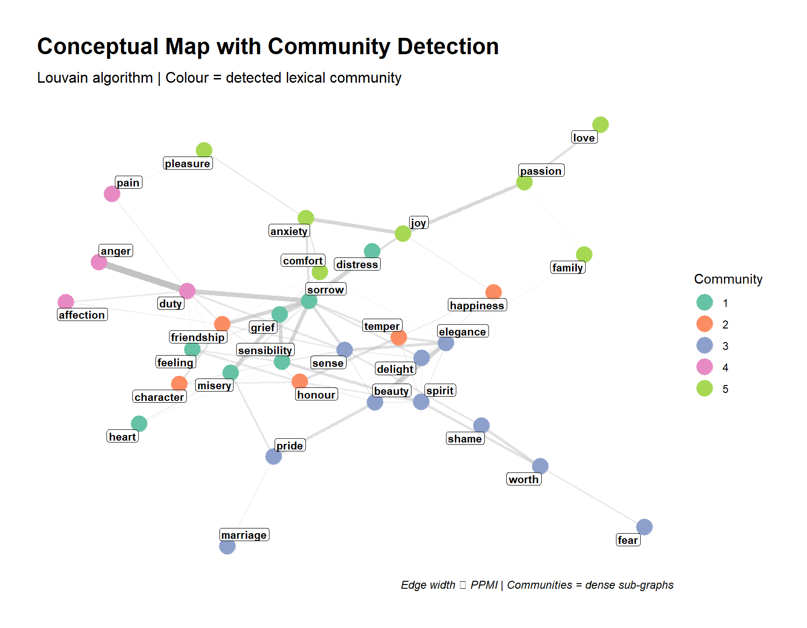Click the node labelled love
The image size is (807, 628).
coord(600,125)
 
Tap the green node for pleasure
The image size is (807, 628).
coord(204,150)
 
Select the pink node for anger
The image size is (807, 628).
coord(99,262)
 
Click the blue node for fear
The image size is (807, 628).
coord(644,527)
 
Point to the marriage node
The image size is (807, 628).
coord(227,546)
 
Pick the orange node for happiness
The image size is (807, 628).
coord(494,293)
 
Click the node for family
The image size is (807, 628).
coord(584,255)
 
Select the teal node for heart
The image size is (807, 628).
coord(139,424)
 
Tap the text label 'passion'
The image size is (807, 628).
coord(541,171)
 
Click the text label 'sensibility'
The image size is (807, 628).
coord(265,350)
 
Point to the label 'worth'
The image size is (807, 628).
coord(524,479)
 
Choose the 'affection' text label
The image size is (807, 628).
coord(82,315)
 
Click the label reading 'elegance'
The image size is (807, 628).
coord(462,332)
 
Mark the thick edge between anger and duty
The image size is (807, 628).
coord(142,276)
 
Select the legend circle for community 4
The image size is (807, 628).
coord(704,367)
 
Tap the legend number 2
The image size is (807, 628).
coord(725,325)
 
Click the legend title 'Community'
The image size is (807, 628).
coord(728,279)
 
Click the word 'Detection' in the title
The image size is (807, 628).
coord(448,47)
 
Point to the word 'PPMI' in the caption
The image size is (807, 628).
coord(484,585)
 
